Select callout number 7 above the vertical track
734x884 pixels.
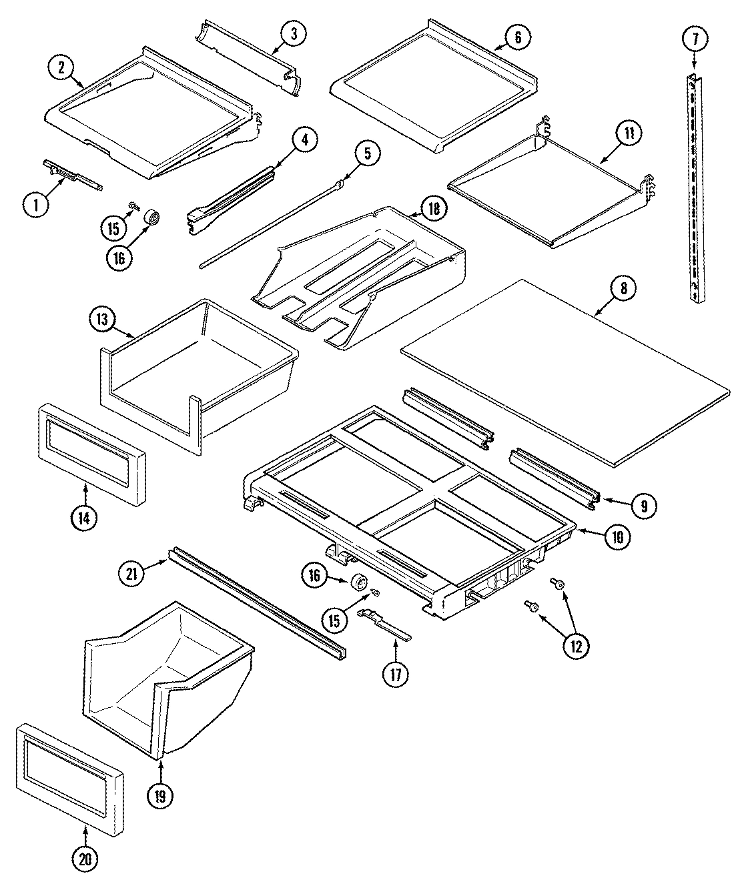pyautogui.click(x=695, y=39)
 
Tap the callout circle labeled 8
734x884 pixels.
pyautogui.click(x=623, y=288)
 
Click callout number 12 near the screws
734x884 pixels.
pyautogui.click(x=575, y=645)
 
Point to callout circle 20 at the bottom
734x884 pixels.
pyautogui.click(x=85, y=859)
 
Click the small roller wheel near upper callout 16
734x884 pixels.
pyautogui.click(x=153, y=218)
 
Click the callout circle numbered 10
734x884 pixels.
pyautogui.click(x=617, y=537)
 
